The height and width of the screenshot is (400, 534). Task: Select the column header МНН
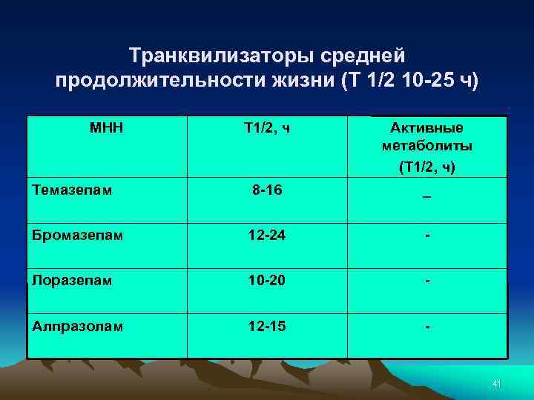106,129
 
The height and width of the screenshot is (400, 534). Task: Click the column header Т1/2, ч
266,129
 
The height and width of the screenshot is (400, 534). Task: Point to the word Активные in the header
426,129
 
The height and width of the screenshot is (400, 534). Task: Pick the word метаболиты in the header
426,147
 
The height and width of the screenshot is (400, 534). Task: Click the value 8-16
266,190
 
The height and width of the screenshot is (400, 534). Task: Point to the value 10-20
266,281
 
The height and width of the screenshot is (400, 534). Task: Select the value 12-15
266,326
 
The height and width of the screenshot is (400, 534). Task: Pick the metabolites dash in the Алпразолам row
426,326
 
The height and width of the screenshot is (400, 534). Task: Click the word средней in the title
364,56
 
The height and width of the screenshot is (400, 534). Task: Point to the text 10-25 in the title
421,79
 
